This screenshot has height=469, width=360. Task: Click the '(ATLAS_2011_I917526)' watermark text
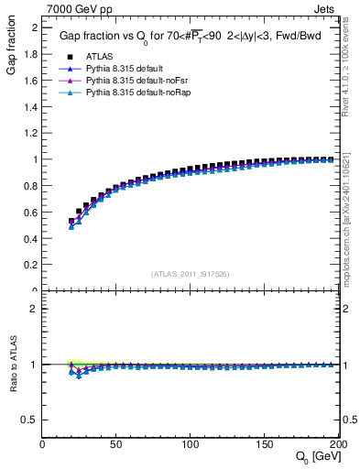click(191, 274)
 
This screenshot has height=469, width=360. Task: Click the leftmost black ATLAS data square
click(71, 221)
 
